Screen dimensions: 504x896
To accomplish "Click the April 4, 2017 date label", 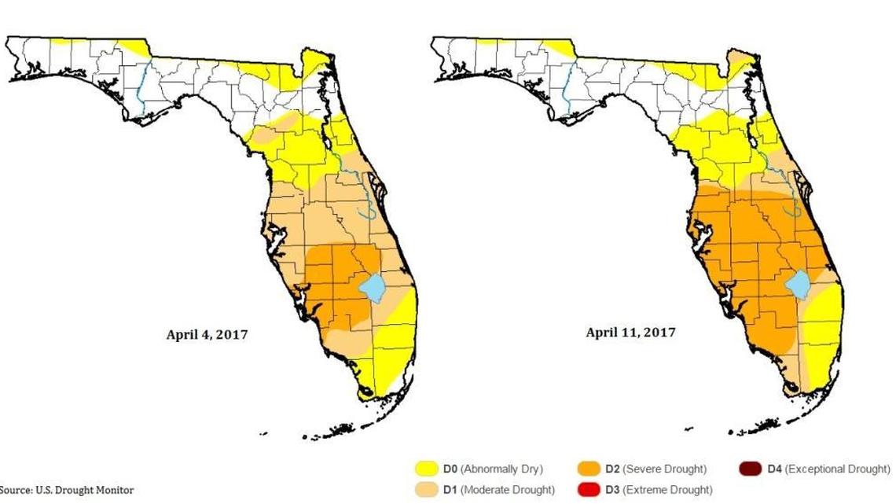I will coord(207,334).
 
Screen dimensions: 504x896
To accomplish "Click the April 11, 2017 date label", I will coord(630,333).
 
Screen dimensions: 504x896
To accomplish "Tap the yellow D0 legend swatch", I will coord(427,469).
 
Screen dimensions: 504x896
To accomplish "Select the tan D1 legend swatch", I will coord(427,490).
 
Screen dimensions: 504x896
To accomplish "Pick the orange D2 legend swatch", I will coord(590,469).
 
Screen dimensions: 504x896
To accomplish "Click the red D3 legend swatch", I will coord(590,490).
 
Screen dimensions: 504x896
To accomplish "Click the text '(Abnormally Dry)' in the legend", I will coord(501,469).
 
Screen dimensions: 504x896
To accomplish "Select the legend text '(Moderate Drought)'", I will coord(506,490).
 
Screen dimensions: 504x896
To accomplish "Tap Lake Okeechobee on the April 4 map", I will coord(373,288).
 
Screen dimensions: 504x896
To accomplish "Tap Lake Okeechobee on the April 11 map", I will coord(799,285).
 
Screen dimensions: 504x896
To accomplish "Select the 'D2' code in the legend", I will coord(613,469).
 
